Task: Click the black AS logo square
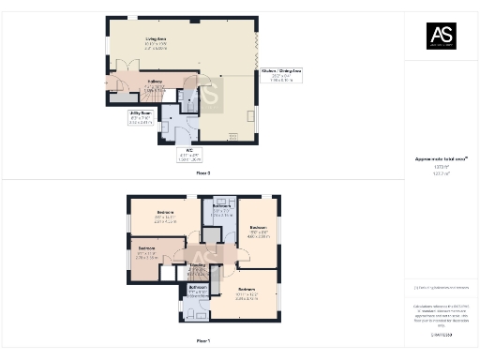(x=441, y=35)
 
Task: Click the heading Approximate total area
(x=440, y=160)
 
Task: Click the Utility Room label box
(x=142, y=116)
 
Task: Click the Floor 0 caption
(x=202, y=173)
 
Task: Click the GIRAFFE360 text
(x=440, y=334)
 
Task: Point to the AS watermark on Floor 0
(x=207, y=95)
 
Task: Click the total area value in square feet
(x=440, y=168)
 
